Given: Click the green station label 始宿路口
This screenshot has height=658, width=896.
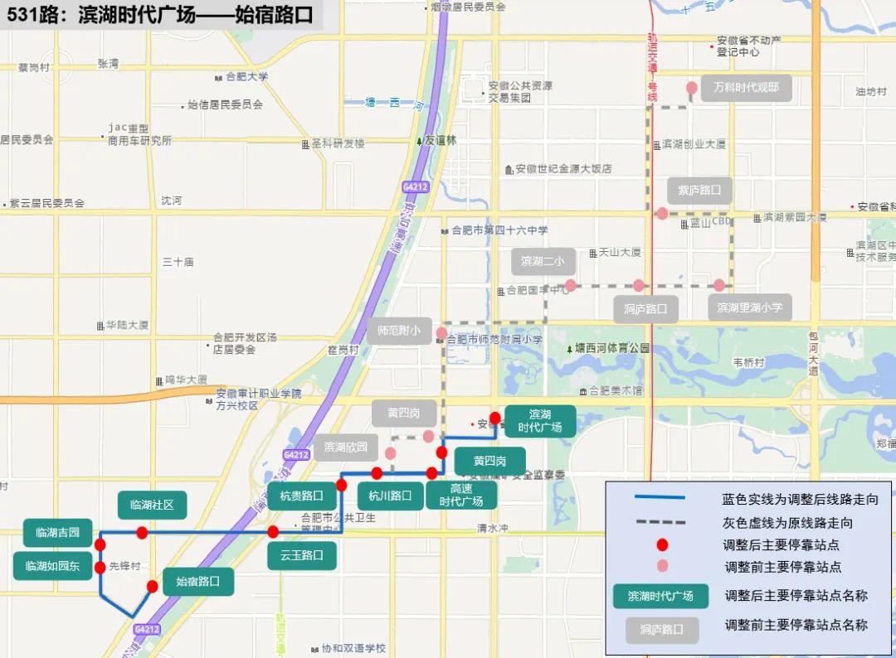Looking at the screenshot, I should [x=198, y=582].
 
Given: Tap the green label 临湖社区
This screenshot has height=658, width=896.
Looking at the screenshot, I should [x=152, y=505].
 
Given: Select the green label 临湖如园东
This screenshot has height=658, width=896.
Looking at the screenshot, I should [x=52, y=566].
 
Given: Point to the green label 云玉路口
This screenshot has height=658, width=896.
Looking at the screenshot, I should [x=302, y=555].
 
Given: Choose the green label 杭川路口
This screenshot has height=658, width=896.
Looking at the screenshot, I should [x=390, y=496].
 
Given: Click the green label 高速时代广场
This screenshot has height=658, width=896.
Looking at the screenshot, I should [x=461, y=495].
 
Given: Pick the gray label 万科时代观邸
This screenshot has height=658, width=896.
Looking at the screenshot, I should [x=746, y=88].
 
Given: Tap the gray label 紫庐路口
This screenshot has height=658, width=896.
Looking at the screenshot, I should [x=700, y=191].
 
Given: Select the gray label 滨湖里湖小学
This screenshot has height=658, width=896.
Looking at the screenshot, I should [x=749, y=307].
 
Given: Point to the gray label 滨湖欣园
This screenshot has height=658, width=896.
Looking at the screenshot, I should [x=346, y=448].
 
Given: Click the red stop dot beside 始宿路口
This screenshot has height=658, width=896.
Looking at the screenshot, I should [x=152, y=587].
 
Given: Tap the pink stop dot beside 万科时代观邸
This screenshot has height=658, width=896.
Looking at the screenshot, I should [x=691, y=88].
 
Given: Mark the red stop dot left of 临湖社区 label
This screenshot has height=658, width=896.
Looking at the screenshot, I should [x=142, y=532].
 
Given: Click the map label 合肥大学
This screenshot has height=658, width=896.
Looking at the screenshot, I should [x=246, y=77].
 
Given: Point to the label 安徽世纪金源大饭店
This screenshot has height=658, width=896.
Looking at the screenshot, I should [x=563, y=169].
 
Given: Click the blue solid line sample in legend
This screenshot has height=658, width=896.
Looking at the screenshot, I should [x=660, y=497].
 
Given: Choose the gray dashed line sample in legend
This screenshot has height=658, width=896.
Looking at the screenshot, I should [x=660, y=522].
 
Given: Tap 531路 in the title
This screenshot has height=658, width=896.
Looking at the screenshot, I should [x=34, y=16].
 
